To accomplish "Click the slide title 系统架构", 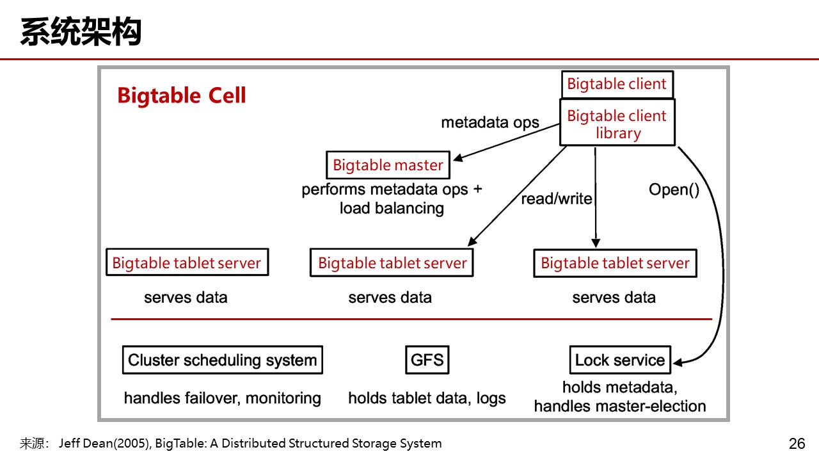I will point(81,32).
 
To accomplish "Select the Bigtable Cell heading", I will point(182,96).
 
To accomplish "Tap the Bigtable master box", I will point(388,165).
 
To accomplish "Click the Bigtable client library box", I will point(617,124).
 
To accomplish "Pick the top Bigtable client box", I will point(617,84).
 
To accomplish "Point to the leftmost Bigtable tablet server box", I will point(187,263).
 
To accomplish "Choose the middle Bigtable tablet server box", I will point(392,263).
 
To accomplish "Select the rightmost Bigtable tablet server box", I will point(615,263).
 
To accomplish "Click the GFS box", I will point(427,360).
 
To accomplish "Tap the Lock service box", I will point(619,360).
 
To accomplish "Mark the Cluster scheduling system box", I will point(222,360).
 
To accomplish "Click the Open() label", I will point(674,190).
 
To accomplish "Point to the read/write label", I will point(556,199).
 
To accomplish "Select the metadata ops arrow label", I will point(490,122).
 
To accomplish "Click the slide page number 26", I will point(797,443).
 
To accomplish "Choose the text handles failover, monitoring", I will point(222,398).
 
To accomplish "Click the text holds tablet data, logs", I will point(427,398).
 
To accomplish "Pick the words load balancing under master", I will point(392,208).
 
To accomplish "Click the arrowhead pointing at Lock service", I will point(678,363).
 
